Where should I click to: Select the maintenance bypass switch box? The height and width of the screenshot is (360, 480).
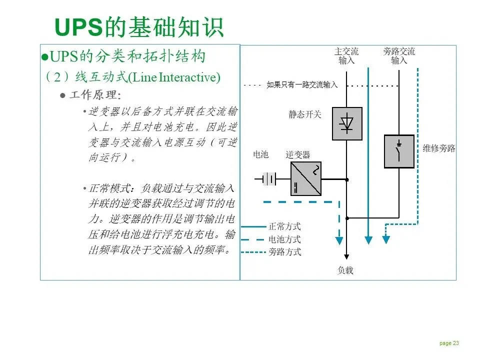click(399, 151)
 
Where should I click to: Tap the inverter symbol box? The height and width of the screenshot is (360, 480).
click(305, 178)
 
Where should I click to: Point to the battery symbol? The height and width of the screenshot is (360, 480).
click(269, 178)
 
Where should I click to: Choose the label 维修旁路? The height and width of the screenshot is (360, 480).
click(439, 148)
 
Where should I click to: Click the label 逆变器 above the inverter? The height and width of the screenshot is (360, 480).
click(298, 154)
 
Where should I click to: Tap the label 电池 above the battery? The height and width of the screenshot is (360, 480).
click(261, 154)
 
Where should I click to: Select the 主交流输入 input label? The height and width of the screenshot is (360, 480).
click(346, 56)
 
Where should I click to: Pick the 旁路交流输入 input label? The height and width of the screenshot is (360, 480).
click(399, 56)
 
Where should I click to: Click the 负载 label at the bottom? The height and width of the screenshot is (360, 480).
click(345, 270)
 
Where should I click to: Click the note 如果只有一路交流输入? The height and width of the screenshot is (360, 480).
click(302, 85)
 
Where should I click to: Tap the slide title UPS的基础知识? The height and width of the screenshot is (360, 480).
click(138, 27)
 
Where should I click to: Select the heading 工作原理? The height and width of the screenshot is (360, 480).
click(94, 95)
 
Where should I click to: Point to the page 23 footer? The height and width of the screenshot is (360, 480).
click(449, 343)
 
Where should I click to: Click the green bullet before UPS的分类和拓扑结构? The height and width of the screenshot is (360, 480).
click(44, 56)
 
